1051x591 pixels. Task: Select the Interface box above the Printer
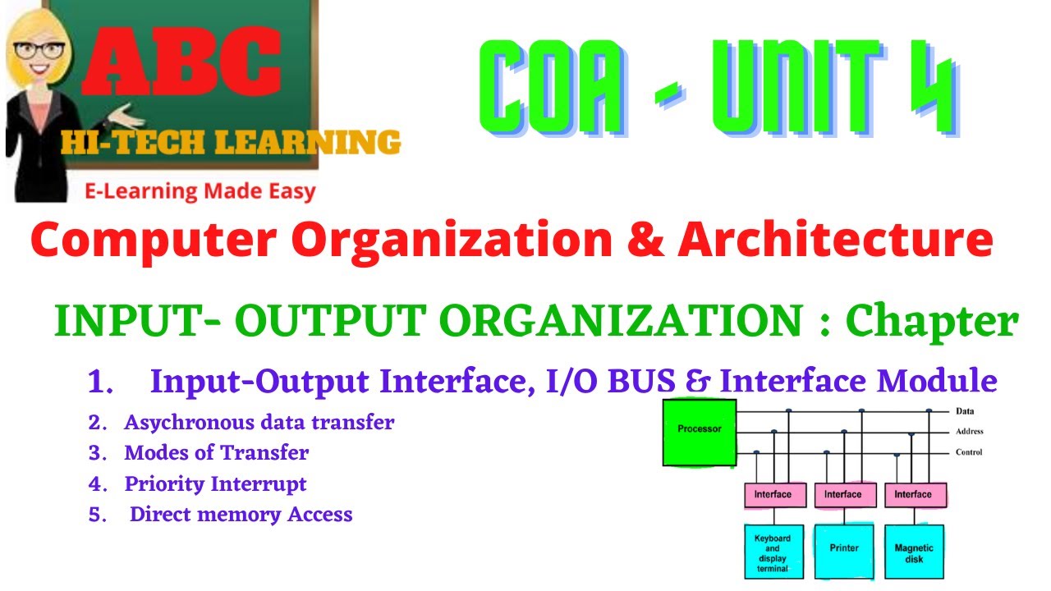point(843,494)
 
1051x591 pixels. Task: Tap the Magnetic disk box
point(913,553)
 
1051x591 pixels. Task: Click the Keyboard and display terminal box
point(772,553)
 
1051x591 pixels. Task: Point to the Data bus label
point(965,411)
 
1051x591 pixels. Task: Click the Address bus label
point(970,432)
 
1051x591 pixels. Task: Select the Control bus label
point(969,452)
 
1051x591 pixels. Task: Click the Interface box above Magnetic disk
point(913,494)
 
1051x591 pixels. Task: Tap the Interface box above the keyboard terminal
point(773,494)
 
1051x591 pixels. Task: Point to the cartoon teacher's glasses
point(37,48)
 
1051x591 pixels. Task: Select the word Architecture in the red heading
point(836,240)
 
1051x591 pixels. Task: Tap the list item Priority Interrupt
point(215,484)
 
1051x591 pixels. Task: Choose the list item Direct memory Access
point(241,515)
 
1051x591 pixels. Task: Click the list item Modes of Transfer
point(217,453)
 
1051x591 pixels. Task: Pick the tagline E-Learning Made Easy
point(200,192)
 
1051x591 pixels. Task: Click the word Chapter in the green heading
point(931,322)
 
